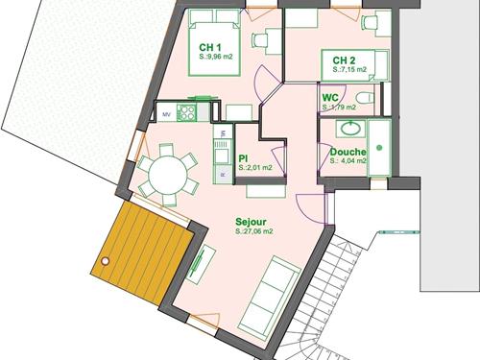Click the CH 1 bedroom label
pyautogui.click(x=210, y=47)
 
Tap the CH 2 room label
pyautogui.click(x=344, y=60)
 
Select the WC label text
pyautogui.click(x=330, y=97)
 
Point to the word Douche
pyautogui.click(x=348, y=152)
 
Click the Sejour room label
pyautogui.click(x=251, y=222)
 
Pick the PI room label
pyautogui.click(x=243, y=158)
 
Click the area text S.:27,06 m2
pyautogui.click(x=254, y=231)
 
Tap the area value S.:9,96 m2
pyautogui.click(x=216, y=57)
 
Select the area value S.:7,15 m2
pyautogui.click(x=349, y=69)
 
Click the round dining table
pyautogui.click(x=168, y=175)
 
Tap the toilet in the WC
pyautogui.click(x=365, y=97)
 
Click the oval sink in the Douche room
pyautogui.click(x=350, y=129)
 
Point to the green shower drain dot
pyautogui.click(x=379, y=148)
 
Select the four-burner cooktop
pyautogui.click(x=186, y=112)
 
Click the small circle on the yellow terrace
pyautogui.click(x=105, y=261)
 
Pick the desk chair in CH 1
pyautogui.click(x=259, y=40)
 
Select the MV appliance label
pyautogui.click(x=166, y=114)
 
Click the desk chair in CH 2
pyautogui.click(x=369, y=22)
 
